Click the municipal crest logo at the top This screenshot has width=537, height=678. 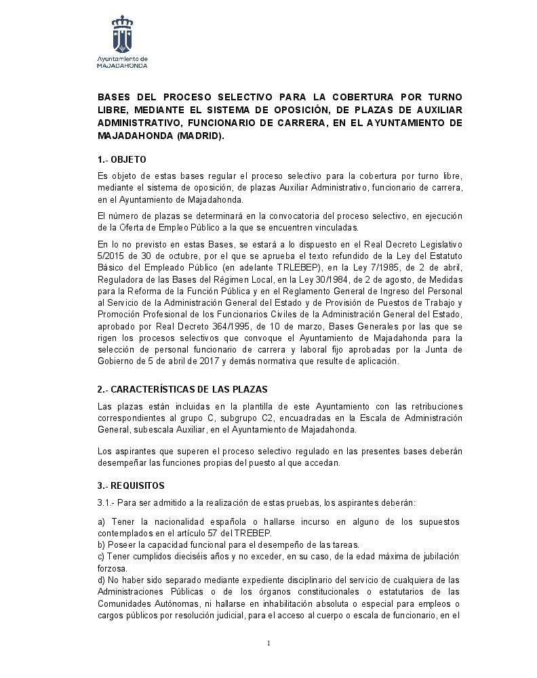[x=122, y=35]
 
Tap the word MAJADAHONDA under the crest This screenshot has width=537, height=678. [x=122, y=66]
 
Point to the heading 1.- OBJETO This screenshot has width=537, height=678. [x=122, y=160]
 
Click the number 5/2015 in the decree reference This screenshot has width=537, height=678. [x=113, y=256]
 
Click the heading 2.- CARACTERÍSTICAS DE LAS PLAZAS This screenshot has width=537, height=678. [x=182, y=390]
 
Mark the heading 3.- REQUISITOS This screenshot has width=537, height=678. [x=131, y=485]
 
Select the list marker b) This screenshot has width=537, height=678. [x=102, y=545]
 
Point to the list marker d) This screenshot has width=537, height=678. [x=102, y=580]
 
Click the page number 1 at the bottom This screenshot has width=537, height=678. [x=268, y=643]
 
